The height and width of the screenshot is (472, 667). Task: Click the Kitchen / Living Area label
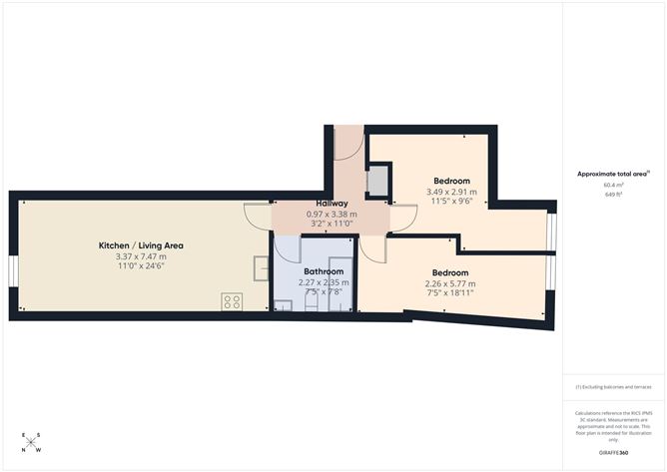click(x=140, y=245)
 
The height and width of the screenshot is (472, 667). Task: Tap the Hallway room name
click(x=332, y=204)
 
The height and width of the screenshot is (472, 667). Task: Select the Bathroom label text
click(x=324, y=271)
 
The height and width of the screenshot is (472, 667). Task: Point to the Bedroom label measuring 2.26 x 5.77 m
click(x=451, y=272)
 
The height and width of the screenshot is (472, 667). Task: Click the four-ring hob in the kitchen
click(x=232, y=300)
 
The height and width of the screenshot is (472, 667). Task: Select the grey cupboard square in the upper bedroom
click(x=378, y=181)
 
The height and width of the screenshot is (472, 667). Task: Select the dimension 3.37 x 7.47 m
click(x=141, y=256)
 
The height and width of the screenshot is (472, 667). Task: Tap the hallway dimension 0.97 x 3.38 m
click(x=332, y=215)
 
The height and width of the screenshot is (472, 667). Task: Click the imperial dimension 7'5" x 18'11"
click(x=451, y=293)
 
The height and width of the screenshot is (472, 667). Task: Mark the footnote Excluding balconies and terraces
click(x=613, y=386)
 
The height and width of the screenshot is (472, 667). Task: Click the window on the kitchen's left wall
click(x=13, y=270)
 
